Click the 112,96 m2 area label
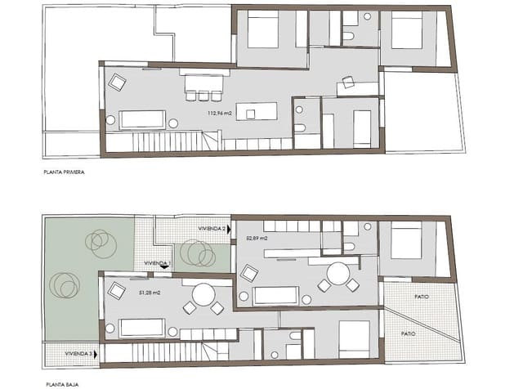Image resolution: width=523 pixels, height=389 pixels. [x=221, y=114]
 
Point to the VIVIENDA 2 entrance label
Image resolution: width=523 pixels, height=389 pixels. [x=212, y=230]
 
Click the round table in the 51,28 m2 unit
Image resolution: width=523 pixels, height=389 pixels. [x=203, y=294]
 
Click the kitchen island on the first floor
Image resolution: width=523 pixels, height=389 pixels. [x=256, y=111]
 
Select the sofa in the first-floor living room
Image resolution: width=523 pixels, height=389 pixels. [x=142, y=120]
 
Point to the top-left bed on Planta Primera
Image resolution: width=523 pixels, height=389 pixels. [x=263, y=30]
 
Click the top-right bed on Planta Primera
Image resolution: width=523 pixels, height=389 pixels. [x=406, y=30]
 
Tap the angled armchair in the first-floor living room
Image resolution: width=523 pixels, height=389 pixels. [x=118, y=82]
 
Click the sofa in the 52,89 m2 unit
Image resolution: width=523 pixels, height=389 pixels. [x=275, y=295]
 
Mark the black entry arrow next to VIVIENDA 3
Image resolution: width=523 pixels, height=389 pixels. [x=99, y=354]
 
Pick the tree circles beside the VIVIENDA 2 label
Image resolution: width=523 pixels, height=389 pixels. [x=197, y=253]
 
